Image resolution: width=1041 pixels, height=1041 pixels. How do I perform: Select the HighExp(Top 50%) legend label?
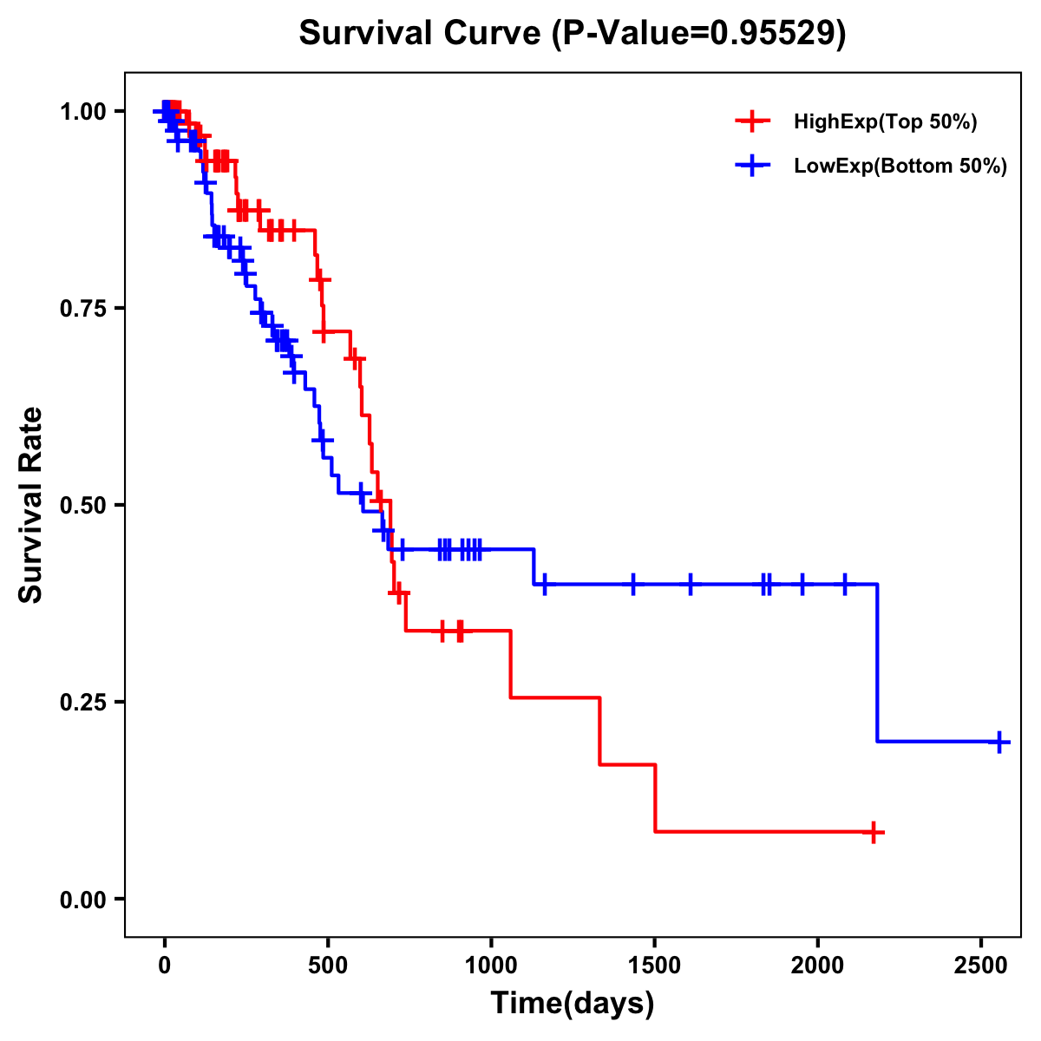click(885, 122)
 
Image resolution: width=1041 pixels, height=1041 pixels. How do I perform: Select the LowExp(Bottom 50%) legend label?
click(900, 167)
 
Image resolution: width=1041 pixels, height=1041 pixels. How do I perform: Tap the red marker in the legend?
click(752, 121)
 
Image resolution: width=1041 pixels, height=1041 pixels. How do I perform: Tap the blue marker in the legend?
click(752, 166)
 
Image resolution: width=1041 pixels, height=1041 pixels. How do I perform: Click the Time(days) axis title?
click(573, 1004)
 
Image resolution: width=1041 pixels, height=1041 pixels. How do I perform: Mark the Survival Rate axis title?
click(31, 504)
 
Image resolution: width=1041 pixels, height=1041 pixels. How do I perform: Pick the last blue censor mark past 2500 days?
click(999, 742)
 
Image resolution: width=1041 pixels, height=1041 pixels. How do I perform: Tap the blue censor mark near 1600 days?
click(691, 585)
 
